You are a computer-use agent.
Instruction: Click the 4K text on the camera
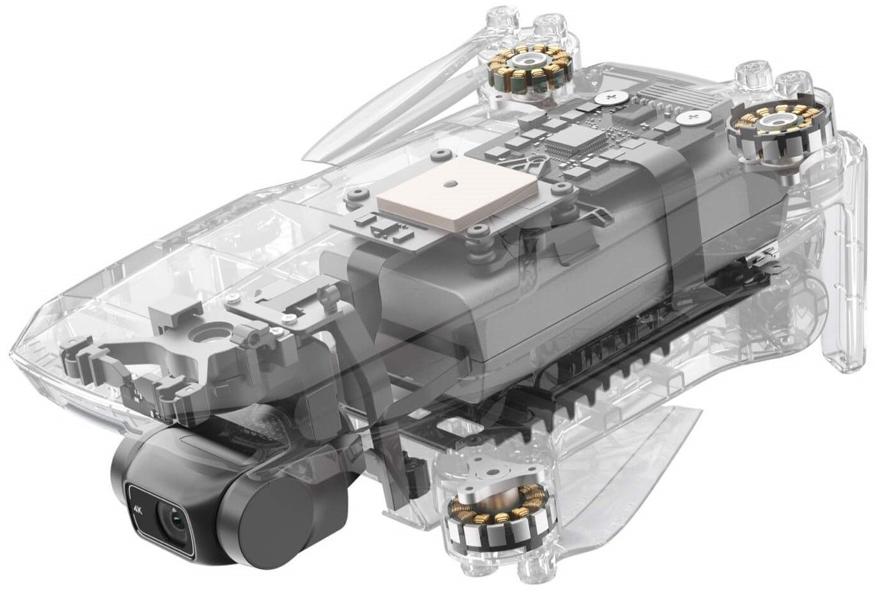(x=137, y=508)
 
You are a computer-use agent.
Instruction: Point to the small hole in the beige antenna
(x=452, y=182)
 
